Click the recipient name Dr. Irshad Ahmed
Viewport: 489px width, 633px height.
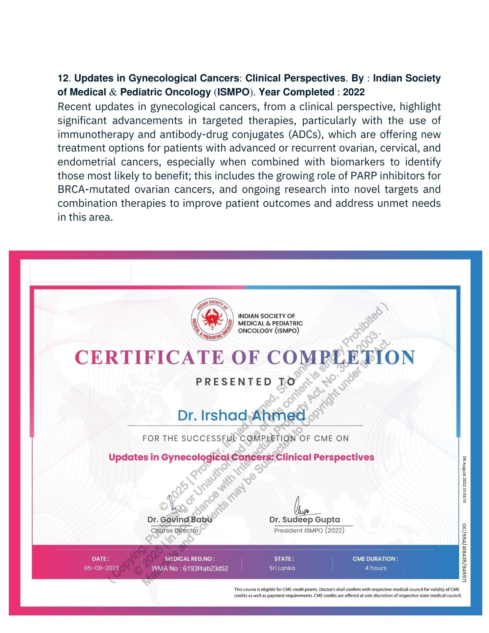(241, 415)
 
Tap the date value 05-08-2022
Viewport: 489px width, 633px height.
(101, 568)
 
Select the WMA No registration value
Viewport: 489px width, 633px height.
(190, 568)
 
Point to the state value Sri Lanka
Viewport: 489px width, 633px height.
(282, 568)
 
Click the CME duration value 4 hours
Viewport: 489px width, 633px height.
(376, 568)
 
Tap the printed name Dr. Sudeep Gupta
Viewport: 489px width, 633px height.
(305, 519)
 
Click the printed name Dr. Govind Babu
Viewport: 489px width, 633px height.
(180, 519)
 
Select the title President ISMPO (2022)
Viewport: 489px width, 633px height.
(309, 530)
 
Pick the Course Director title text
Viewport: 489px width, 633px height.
(175, 530)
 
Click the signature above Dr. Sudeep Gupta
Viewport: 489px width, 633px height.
(300, 506)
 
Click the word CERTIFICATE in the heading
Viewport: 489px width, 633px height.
(149, 358)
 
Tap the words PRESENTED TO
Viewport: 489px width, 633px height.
(246, 382)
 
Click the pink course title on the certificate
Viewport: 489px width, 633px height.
(241, 457)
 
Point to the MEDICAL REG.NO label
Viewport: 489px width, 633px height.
(190, 559)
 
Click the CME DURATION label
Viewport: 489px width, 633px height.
(375, 559)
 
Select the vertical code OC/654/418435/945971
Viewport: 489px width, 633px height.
(464, 553)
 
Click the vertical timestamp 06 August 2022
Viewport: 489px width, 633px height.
(464, 479)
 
